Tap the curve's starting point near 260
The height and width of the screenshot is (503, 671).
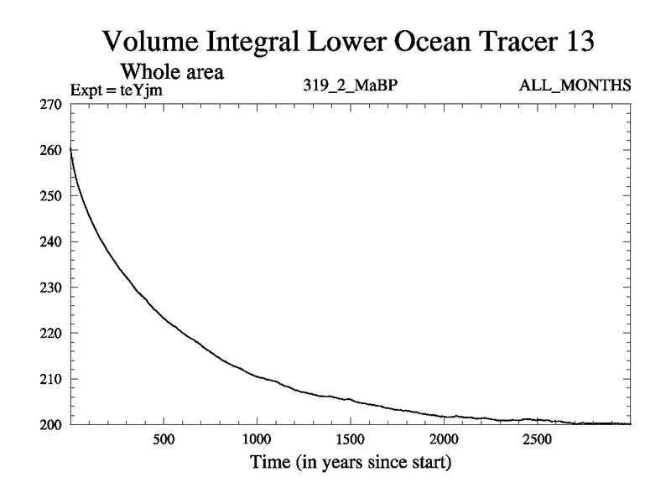(70, 151)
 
